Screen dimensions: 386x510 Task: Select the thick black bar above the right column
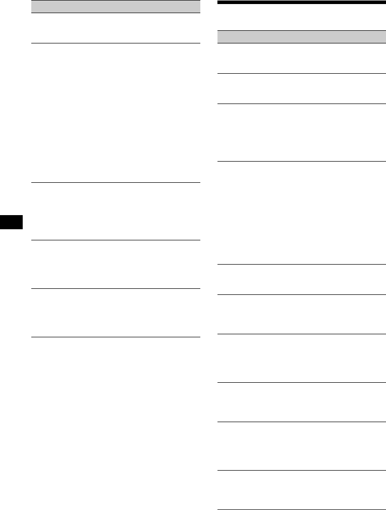302,3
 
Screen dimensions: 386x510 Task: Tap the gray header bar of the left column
116,7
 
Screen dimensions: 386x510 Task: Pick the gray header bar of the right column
302,37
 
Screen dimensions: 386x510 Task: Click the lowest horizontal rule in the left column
116,337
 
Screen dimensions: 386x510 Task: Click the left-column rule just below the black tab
116,240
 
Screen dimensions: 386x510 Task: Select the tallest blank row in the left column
116,113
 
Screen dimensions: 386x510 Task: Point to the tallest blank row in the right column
302,213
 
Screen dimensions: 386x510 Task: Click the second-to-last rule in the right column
302,471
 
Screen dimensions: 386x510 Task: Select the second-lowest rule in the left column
116,288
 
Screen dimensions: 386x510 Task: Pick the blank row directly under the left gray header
116,28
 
